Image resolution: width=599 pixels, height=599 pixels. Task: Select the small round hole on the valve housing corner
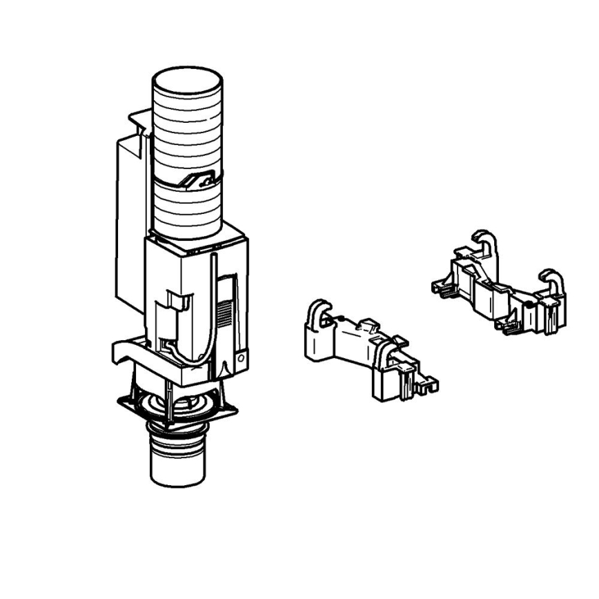pos(241,359)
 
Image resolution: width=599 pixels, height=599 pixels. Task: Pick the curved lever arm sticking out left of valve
pos(128,352)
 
